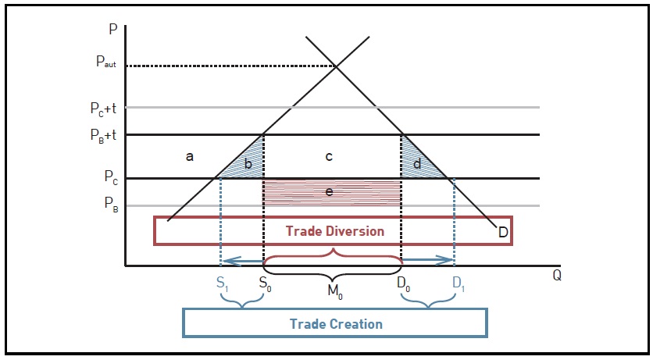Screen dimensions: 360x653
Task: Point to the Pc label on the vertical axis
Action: click(110, 178)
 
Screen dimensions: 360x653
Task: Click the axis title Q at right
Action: click(556, 276)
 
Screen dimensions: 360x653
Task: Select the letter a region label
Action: click(189, 157)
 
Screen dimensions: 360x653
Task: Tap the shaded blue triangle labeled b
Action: click(248, 162)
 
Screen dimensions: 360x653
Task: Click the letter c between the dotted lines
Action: click(330, 157)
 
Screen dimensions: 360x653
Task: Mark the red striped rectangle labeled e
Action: click(332, 191)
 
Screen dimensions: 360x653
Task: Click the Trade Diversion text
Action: click(334, 231)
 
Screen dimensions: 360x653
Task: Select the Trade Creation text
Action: click(336, 323)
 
